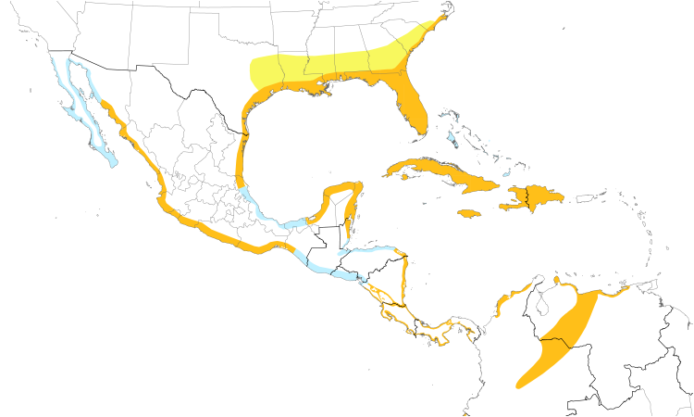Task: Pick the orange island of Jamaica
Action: coord(469,214)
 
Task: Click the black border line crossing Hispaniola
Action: coord(527,197)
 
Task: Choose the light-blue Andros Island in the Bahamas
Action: coord(451,140)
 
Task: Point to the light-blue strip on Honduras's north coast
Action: coord(370,251)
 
